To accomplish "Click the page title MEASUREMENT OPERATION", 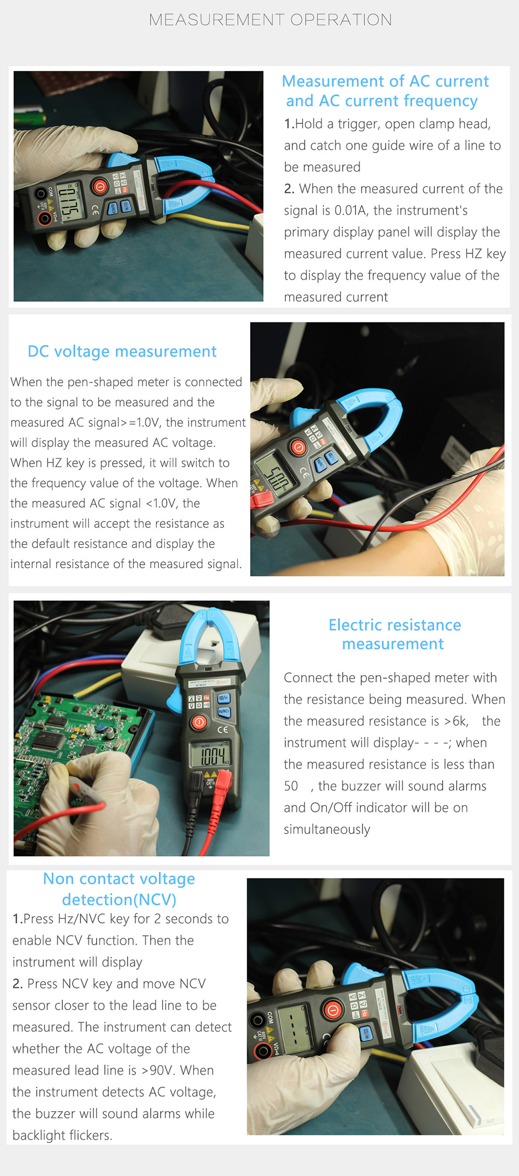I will (270, 20).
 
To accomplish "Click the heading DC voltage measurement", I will (122, 352).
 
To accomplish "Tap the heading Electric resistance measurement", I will (394, 634).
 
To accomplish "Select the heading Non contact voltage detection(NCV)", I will (119, 889).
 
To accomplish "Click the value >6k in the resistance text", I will (456, 721).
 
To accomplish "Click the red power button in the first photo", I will (100, 186).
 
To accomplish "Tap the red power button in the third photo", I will (199, 722).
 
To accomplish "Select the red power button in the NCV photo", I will (333, 1010).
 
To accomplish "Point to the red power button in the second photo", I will (298, 447).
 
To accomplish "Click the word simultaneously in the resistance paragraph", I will (327, 829).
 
